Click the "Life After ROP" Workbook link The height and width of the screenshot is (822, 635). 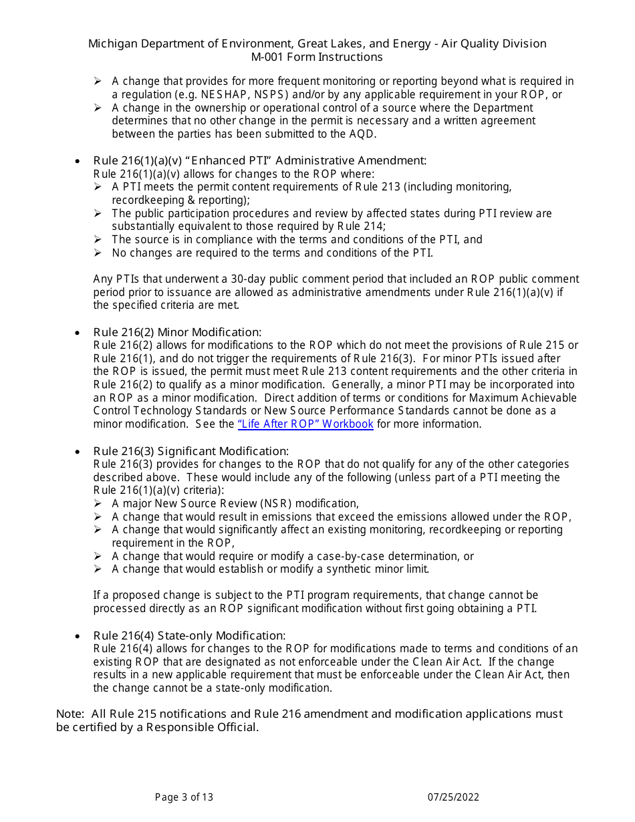pyautogui.click(x=305, y=424)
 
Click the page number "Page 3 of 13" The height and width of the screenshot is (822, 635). pyautogui.click(x=184, y=797)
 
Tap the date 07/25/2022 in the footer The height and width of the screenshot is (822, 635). pyautogui.click(x=454, y=797)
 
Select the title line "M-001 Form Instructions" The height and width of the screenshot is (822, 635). pyautogui.click(x=317, y=57)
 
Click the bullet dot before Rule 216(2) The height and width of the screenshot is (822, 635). pyautogui.click(x=78, y=333)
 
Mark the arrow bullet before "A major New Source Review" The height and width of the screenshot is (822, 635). pyautogui.click(x=98, y=503)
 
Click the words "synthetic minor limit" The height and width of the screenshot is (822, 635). pyautogui.click(x=375, y=569)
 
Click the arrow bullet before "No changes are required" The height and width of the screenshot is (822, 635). pyautogui.click(x=98, y=253)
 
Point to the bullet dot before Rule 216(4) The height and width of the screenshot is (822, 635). pyautogui.click(x=78, y=636)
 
